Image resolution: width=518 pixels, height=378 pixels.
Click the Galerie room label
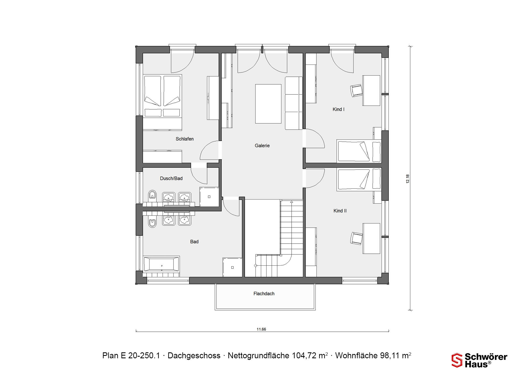click(x=262, y=146)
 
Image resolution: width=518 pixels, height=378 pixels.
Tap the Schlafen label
click(x=185, y=139)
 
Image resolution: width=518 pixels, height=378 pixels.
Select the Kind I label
click(x=338, y=109)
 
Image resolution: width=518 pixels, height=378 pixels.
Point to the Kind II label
click(x=340, y=211)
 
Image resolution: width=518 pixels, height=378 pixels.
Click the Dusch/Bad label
click(x=171, y=178)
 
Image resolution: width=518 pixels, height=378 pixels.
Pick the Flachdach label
click(x=264, y=293)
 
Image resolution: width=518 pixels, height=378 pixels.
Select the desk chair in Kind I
click(x=356, y=90)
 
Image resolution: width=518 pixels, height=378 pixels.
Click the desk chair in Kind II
click(x=356, y=238)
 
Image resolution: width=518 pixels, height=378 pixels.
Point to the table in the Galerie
click(x=268, y=104)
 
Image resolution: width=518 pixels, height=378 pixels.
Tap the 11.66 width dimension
click(x=261, y=329)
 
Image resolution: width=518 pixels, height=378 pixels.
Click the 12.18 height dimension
click(x=408, y=179)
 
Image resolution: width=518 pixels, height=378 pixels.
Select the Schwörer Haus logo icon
click(x=457, y=360)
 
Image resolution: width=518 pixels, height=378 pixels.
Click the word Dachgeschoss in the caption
click(x=194, y=356)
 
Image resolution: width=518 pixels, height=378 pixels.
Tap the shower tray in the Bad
click(x=232, y=267)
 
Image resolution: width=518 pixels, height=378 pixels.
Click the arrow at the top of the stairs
click(x=291, y=202)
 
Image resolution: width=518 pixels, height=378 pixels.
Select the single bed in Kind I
click(x=359, y=151)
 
